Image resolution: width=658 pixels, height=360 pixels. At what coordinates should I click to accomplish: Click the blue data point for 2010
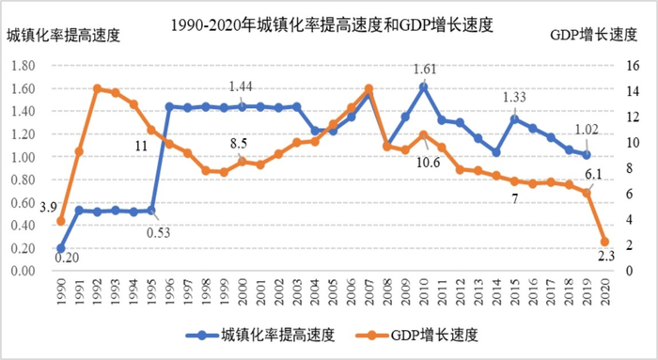(424, 86)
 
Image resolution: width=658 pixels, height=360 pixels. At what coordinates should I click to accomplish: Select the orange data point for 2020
(605, 242)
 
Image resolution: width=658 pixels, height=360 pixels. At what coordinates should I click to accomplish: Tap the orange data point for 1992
(97, 88)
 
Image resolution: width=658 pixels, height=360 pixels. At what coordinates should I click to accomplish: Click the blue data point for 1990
(60, 248)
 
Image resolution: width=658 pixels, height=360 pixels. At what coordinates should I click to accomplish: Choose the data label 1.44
(242, 86)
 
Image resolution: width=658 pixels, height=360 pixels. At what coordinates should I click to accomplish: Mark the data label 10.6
(429, 163)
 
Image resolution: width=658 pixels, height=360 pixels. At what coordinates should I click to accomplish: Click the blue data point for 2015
(514, 118)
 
